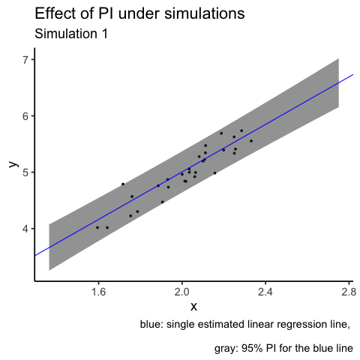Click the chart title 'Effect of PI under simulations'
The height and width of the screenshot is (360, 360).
[x=139, y=13]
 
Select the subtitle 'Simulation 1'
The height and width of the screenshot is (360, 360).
[x=71, y=34]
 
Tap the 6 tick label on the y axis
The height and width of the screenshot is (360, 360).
[x=25, y=116]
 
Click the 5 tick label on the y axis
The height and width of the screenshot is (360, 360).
[x=25, y=172]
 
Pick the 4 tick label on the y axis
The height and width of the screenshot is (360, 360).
[x=25, y=229]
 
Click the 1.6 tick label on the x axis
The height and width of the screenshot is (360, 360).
[x=98, y=292]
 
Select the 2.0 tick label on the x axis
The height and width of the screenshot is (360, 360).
[x=182, y=292]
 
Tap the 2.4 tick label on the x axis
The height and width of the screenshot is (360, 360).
[x=265, y=292]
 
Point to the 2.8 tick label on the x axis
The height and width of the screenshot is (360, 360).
[x=349, y=292]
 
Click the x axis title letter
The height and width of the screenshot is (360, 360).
[x=193, y=307]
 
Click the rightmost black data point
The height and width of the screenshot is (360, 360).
[x=251, y=141]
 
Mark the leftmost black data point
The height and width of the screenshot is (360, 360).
[x=97, y=227]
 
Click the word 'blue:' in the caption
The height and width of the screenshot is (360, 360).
[x=151, y=324]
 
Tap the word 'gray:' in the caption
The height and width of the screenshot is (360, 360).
[x=226, y=348]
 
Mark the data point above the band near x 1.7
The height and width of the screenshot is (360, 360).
[x=123, y=184]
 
